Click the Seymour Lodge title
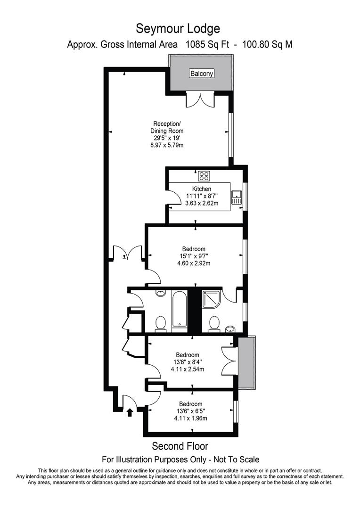178,29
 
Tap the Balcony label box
201,74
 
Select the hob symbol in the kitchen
204,176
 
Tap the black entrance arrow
130,412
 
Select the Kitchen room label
202,189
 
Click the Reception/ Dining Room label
166,127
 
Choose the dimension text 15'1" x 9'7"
194,256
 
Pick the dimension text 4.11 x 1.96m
190,418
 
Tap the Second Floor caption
180,446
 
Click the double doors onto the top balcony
200,99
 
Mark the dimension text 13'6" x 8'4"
188,362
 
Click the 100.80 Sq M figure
267,44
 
